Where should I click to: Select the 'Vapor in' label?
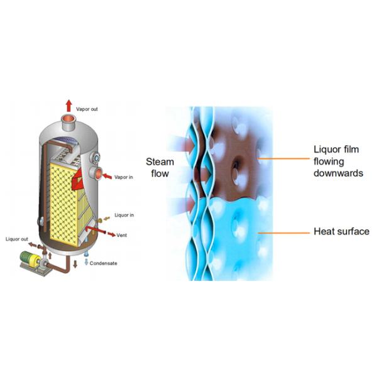click(124, 177)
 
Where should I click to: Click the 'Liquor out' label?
click(18, 239)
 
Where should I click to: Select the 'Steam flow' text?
click(160, 167)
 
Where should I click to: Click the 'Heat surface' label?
click(341, 232)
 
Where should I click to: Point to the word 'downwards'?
click(338, 172)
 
